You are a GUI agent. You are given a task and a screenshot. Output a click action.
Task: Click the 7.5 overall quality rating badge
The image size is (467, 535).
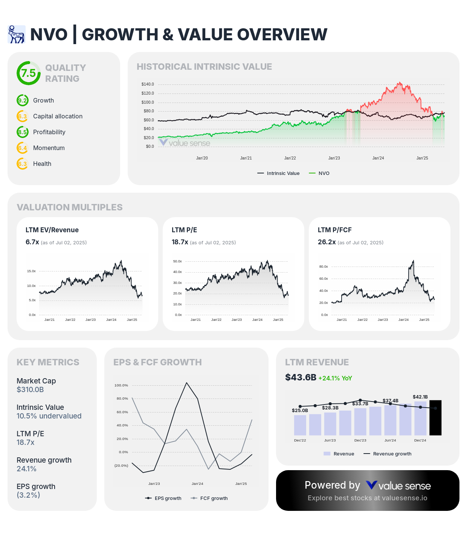point(28,73)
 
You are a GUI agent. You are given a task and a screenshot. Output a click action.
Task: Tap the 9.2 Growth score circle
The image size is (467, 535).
point(23,101)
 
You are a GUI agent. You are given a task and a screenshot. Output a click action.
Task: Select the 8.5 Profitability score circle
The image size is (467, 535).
point(23,132)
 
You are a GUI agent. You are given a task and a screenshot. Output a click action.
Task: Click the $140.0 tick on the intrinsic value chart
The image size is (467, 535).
point(148,84)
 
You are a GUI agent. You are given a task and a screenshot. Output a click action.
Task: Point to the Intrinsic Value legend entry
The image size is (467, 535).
point(278,173)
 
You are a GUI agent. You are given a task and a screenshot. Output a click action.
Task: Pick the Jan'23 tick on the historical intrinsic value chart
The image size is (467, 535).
point(334,158)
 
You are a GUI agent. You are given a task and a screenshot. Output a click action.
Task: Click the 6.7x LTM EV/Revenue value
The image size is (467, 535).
point(32,242)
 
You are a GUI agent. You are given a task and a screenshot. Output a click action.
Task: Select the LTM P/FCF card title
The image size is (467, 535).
point(335,230)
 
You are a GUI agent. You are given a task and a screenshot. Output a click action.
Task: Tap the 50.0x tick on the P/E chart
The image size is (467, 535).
point(177,261)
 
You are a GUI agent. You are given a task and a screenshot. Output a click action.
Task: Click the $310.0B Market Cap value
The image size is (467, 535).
point(30,389)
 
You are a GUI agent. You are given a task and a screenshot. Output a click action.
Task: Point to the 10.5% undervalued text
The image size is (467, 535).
point(49,416)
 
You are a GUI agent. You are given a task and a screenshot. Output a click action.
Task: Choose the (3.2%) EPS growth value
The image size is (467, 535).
point(28,495)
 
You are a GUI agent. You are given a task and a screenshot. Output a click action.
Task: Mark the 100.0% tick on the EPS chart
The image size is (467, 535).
point(121,385)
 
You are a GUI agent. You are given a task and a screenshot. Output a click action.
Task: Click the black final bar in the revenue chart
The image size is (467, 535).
point(435,418)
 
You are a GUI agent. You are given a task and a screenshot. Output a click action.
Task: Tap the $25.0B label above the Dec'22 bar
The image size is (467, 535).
point(300,410)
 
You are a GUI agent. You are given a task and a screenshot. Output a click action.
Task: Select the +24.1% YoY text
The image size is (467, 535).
point(335,378)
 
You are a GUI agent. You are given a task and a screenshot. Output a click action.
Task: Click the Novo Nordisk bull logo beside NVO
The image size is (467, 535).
point(16,34)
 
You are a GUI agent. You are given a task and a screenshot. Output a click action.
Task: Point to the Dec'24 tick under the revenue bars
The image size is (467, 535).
point(420,440)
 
